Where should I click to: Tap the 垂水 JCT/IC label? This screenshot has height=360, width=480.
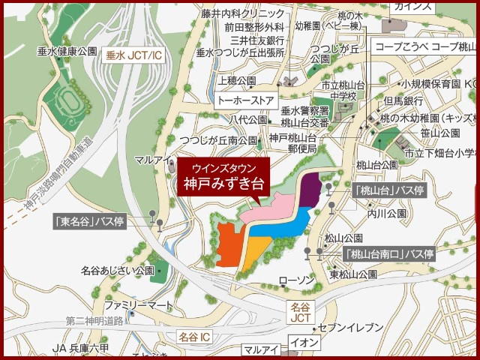click(133, 55)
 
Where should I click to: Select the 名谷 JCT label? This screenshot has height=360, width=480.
click(300, 313)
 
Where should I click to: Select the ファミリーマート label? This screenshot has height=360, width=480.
click(138, 305)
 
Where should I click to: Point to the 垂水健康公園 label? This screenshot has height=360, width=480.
click(67, 51)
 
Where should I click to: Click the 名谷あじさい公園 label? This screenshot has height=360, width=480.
click(118, 270)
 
